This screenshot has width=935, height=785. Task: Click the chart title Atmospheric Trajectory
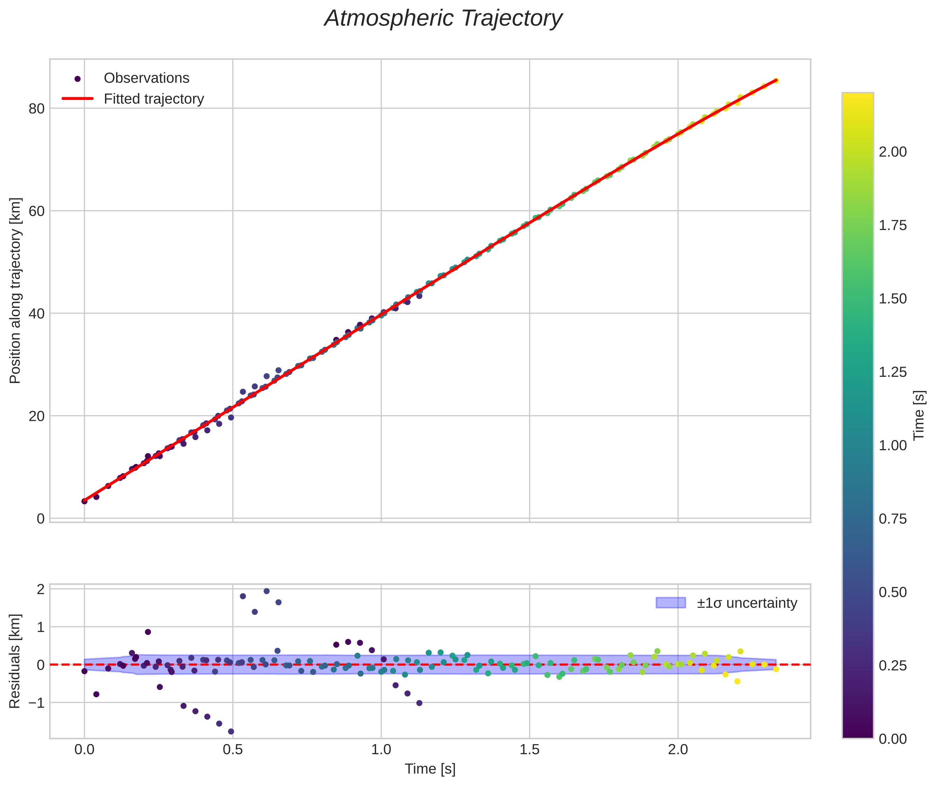[443, 19]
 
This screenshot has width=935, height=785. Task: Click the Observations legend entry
[146, 78]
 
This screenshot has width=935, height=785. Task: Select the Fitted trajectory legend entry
[154, 99]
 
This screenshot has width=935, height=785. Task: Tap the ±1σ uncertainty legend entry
[746, 603]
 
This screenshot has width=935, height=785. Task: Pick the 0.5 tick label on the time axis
[233, 750]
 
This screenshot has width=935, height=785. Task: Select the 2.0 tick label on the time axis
[678, 750]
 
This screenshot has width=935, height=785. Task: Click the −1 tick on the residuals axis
[36, 703]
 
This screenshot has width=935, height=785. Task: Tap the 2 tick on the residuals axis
[41, 589]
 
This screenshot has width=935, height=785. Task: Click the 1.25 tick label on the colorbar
[893, 372]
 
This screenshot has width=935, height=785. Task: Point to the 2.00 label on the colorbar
[893, 152]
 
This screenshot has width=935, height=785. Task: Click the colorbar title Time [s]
[919, 415]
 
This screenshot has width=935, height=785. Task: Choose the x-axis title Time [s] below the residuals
[430, 769]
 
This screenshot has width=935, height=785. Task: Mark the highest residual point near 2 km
[267, 591]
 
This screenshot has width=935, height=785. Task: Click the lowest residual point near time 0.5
[231, 731]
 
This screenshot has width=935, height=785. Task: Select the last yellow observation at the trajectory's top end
[775, 80]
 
